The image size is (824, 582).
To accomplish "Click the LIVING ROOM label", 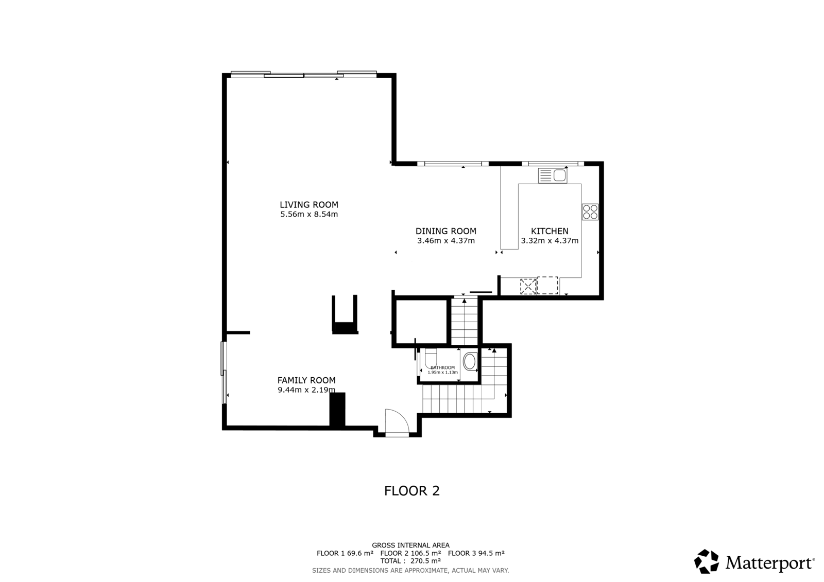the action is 309,205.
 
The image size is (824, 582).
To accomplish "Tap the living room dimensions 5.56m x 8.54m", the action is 309,215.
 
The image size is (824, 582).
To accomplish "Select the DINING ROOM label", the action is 446,231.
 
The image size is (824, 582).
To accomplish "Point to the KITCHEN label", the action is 550,231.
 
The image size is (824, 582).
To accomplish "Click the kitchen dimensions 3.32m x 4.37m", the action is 550,241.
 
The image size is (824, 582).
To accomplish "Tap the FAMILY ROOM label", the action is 306,380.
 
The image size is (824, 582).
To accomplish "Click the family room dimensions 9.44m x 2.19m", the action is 306,390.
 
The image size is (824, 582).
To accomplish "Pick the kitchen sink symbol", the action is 553,175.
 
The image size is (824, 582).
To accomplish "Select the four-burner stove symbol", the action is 590,212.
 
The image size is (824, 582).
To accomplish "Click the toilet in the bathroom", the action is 430,359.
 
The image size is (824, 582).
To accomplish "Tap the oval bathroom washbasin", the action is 469,361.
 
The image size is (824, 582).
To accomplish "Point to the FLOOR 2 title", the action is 412,491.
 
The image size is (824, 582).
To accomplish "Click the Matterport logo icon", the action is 706,561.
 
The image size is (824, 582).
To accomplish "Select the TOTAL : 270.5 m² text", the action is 410,561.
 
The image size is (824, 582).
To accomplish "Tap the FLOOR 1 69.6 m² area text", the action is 345,553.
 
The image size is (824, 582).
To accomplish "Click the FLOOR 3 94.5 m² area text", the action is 476,553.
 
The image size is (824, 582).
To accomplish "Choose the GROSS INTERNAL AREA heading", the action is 410,545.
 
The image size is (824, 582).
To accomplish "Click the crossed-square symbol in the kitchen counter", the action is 528,287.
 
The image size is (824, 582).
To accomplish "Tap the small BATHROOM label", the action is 442,367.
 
